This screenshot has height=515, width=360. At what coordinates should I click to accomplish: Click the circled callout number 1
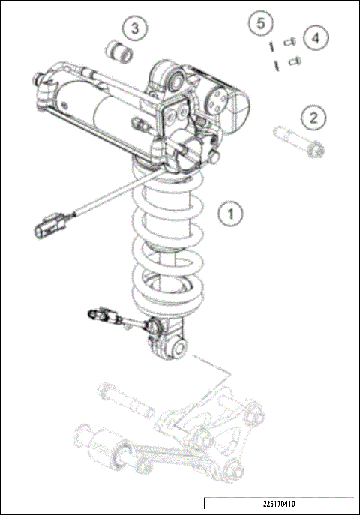tap(230, 213)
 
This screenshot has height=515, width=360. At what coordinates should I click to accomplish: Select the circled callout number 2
tap(313, 117)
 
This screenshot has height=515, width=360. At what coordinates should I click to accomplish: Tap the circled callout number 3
tap(135, 29)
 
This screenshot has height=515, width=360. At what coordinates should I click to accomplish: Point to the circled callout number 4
tap(316, 37)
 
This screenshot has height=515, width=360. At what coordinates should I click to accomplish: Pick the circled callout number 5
tap(260, 23)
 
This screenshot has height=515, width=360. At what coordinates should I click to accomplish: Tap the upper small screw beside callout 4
tap(289, 42)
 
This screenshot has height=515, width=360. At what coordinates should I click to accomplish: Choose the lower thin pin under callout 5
tap(277, 64)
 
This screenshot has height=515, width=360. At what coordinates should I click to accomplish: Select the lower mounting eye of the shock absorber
tap(177, 348)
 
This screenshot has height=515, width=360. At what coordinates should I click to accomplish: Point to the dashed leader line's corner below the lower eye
tap(228, 372)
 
